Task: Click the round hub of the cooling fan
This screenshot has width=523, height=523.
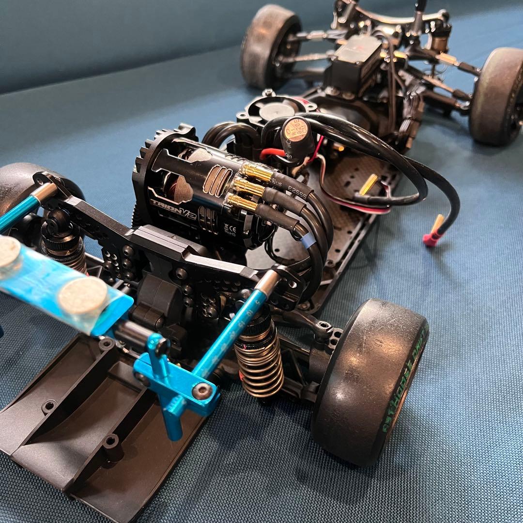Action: tap(277, 109)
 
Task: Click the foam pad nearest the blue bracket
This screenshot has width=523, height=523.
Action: tap(83, 295)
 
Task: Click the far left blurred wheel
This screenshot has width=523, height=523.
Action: tap(270, 46)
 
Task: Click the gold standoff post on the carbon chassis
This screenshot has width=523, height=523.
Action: tap(369, 184)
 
